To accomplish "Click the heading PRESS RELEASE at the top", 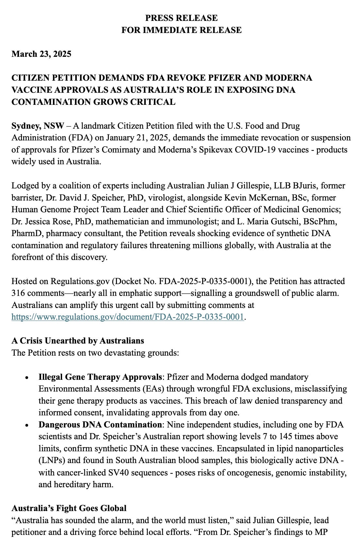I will click(181, 18).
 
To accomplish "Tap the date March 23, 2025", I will click(41, 54).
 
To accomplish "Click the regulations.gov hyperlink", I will click(128, 317).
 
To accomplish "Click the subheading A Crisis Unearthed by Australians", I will click(78, 341).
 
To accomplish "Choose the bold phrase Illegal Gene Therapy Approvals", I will click(100, 377).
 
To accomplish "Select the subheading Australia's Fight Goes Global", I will click(69, 508).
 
